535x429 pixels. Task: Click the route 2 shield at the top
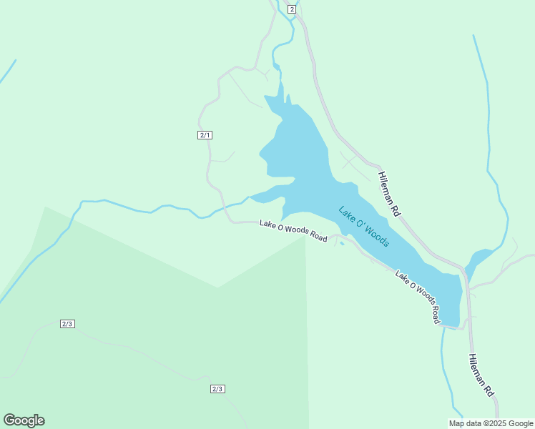(x=292, y=9)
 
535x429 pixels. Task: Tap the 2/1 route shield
(x=205, y=135)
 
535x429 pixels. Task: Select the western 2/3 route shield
(x=67, y=324)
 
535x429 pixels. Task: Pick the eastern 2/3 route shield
(x=217, y=389)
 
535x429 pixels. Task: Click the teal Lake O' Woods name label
(x=364, y=227)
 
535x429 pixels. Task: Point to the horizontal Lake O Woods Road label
(x=293, y=231)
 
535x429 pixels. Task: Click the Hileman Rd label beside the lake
(x=389, y=194)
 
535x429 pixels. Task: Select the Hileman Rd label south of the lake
(x=481, y=375)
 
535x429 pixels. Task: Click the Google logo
(x=24, y=420)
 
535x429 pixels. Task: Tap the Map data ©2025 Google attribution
(x=491, y=423)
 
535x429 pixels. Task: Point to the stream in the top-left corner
(x=7, y=71)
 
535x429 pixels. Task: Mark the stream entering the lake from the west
(x=143, y=209)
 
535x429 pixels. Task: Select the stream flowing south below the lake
(x=446, y=372)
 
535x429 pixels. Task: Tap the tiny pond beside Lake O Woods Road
(x=342, y=244)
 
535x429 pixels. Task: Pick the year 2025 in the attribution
(x=499, y=423)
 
